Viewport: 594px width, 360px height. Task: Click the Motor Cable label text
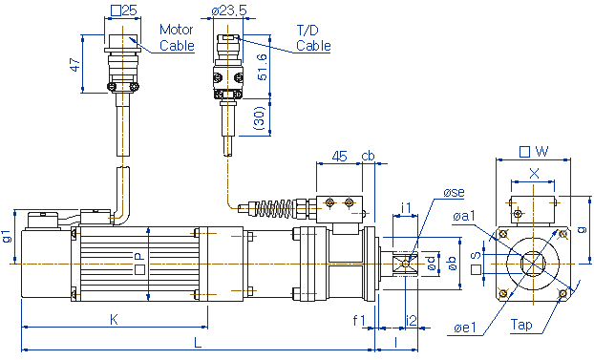point(177,37)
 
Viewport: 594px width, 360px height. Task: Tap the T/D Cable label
point(313,38)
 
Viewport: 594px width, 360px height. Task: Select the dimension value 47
point(75,64)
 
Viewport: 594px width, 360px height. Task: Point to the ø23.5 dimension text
point(229,11)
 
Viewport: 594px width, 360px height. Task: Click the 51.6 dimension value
point(263,67)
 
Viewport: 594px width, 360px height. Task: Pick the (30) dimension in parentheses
point(261,118)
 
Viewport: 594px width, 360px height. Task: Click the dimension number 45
point(339,156)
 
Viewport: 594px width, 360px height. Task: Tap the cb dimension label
point(368,156)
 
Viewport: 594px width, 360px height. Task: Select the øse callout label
point(454,193)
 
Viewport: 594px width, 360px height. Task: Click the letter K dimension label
point(114,320)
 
